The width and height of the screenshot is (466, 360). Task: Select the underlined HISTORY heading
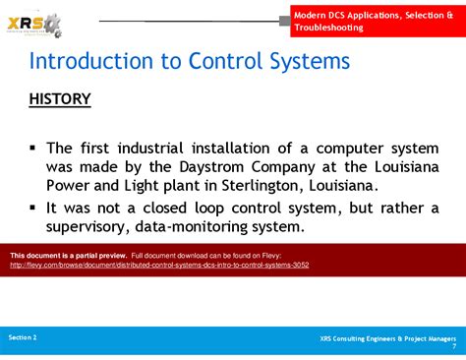tap(60, 99)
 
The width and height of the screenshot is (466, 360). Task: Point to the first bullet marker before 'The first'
tap(33, 148)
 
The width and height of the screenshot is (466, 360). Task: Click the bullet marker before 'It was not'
tap(33, 207)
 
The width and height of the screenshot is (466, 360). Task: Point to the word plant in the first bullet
tap(199, 186)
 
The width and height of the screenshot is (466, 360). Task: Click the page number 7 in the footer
tap(453, 346)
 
